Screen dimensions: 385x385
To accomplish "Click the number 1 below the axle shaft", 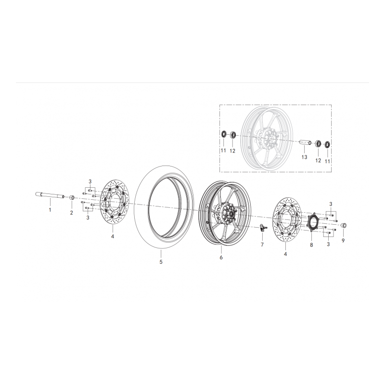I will tap(49, 210).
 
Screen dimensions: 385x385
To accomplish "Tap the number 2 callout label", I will tap(71, 212).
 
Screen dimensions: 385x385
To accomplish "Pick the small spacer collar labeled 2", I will tap(71, 198).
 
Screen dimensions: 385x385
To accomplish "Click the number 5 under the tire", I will tap(161, 262).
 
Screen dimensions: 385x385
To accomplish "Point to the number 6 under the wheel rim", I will tap(221, 258).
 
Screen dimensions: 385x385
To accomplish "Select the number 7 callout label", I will tap(262, 245).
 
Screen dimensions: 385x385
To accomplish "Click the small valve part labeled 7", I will tap(263, 227).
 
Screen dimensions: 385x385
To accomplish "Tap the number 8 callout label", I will tap(311, 245).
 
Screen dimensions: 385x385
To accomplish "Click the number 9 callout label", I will tap(343, 240).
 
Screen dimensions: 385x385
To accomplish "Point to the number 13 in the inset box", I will tap(304, 157).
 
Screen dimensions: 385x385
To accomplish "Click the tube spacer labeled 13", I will tap(306, 142).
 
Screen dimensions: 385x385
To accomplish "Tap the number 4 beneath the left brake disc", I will tap(112, 236).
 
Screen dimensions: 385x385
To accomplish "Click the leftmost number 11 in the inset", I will tap(223, 151).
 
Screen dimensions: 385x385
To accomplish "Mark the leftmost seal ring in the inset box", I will tap(224, 133).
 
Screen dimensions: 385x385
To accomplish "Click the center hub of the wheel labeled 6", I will tap(226, 212).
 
